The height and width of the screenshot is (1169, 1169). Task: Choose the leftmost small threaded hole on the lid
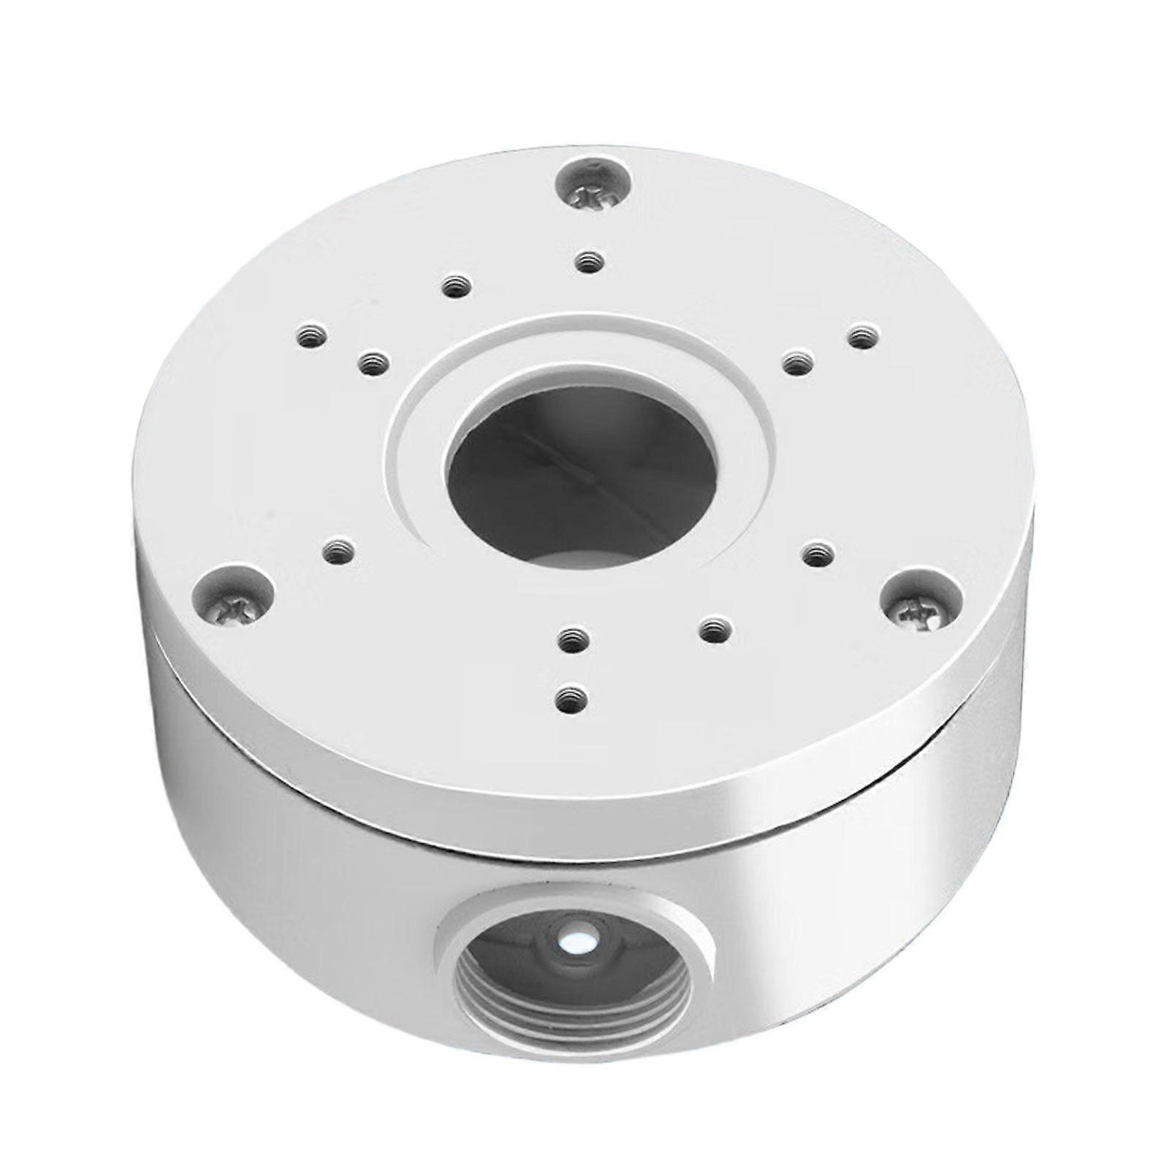click(x=312, y=337)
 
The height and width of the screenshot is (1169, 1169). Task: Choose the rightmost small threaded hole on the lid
click(x=863, y=338)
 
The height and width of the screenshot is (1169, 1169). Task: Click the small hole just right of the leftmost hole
click(x=373, y=363)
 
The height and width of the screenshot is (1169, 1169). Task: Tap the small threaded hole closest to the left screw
click(x=338, y=552)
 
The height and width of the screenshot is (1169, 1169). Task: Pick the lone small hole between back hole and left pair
click(x=456, y=285)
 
